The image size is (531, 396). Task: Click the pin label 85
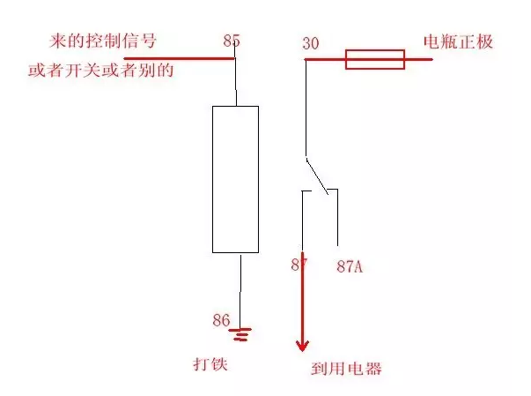point(232,41)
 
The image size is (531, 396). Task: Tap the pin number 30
point(311,43)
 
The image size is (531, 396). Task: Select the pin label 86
point(223,319)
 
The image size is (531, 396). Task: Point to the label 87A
point(350,265)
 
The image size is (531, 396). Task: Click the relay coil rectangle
point(235,179)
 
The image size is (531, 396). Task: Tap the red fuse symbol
point(374,59)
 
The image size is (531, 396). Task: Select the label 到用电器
point(346,369)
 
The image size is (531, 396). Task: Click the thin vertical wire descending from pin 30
point(305,106)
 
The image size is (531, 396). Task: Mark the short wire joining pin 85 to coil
point(236,83)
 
